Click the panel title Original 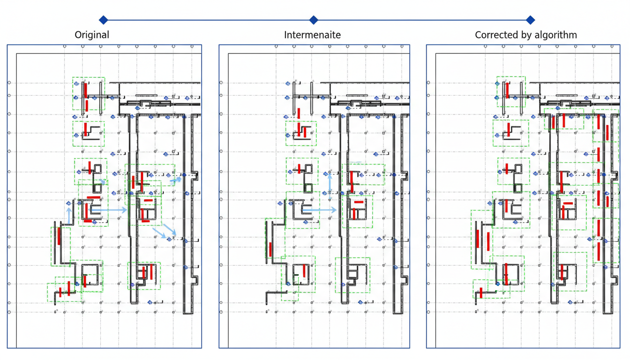coord(92,35)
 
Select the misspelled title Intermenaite coord(312,35)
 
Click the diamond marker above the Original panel coord(104,20)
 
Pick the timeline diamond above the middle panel coord(314,20)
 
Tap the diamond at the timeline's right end coord(530,20)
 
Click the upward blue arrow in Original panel coord(69,215)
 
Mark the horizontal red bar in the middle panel coord(359,202)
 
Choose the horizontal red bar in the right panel coord(568,203)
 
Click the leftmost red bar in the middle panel coord(270,249)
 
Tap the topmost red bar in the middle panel coord(299,113)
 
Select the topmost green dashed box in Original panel coord(89,94)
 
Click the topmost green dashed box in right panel coord(511,91)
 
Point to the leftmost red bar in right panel coord(478,239)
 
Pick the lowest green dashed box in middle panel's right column coord(352,275)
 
